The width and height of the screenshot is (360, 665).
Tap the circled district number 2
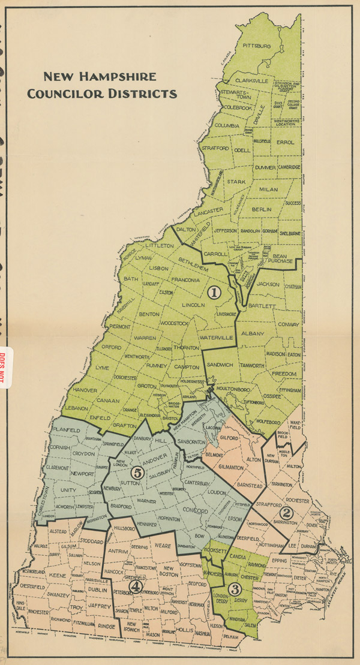point(287,513)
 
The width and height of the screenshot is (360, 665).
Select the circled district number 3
point(235,588)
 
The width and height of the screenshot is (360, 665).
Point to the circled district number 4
point(137,585)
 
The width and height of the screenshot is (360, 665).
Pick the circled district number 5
point(137,473)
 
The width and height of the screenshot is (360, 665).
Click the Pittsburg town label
point(257,46)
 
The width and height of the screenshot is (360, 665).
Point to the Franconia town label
point(184,280)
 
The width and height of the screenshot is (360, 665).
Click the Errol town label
point(288,142)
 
